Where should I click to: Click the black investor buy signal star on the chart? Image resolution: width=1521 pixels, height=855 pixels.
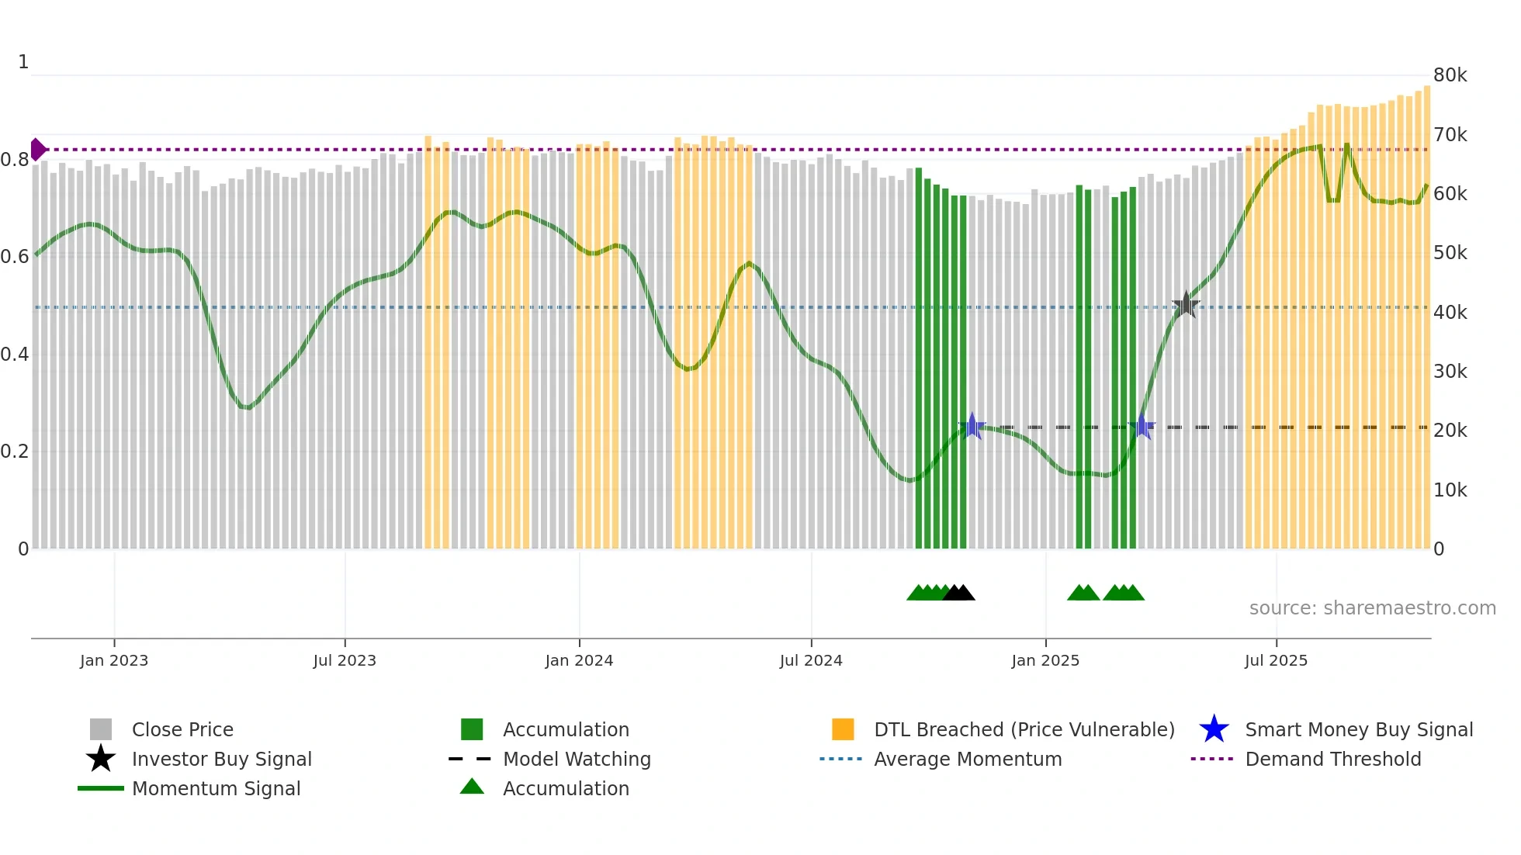[1186, 305]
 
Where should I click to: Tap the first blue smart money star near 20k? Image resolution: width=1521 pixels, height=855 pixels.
[972, 426]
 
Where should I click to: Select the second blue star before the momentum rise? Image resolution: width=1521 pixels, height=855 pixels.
[1142, 426]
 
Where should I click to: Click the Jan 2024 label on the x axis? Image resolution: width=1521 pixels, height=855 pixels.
[579, 660]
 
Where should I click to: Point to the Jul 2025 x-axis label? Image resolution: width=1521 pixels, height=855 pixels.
[1276, 660]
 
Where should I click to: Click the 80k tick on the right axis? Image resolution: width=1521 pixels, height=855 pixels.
[1450, 75]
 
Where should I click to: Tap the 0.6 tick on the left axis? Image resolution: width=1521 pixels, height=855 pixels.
[15, 256]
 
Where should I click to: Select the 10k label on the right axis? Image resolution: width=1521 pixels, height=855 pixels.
[1450, 490]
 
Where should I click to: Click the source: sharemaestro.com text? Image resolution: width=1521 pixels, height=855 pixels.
[1372, 607]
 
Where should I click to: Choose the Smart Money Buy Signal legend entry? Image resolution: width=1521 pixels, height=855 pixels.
[1358, 729]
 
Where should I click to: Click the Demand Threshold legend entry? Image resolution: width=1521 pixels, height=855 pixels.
[1332, 759]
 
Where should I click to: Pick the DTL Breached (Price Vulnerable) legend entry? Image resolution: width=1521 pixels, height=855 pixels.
[1024, 729]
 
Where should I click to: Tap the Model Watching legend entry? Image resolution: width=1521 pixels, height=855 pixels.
[576, 759]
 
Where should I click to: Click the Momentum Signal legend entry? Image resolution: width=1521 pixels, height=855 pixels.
[216, 788]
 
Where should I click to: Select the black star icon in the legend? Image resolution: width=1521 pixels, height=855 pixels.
[101, 759]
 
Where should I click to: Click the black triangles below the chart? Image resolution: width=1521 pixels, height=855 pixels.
[959, 593]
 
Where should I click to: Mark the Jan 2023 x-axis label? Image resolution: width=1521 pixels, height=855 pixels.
[114, 660]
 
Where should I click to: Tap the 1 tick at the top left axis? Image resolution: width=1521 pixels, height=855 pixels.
[23, 62]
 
